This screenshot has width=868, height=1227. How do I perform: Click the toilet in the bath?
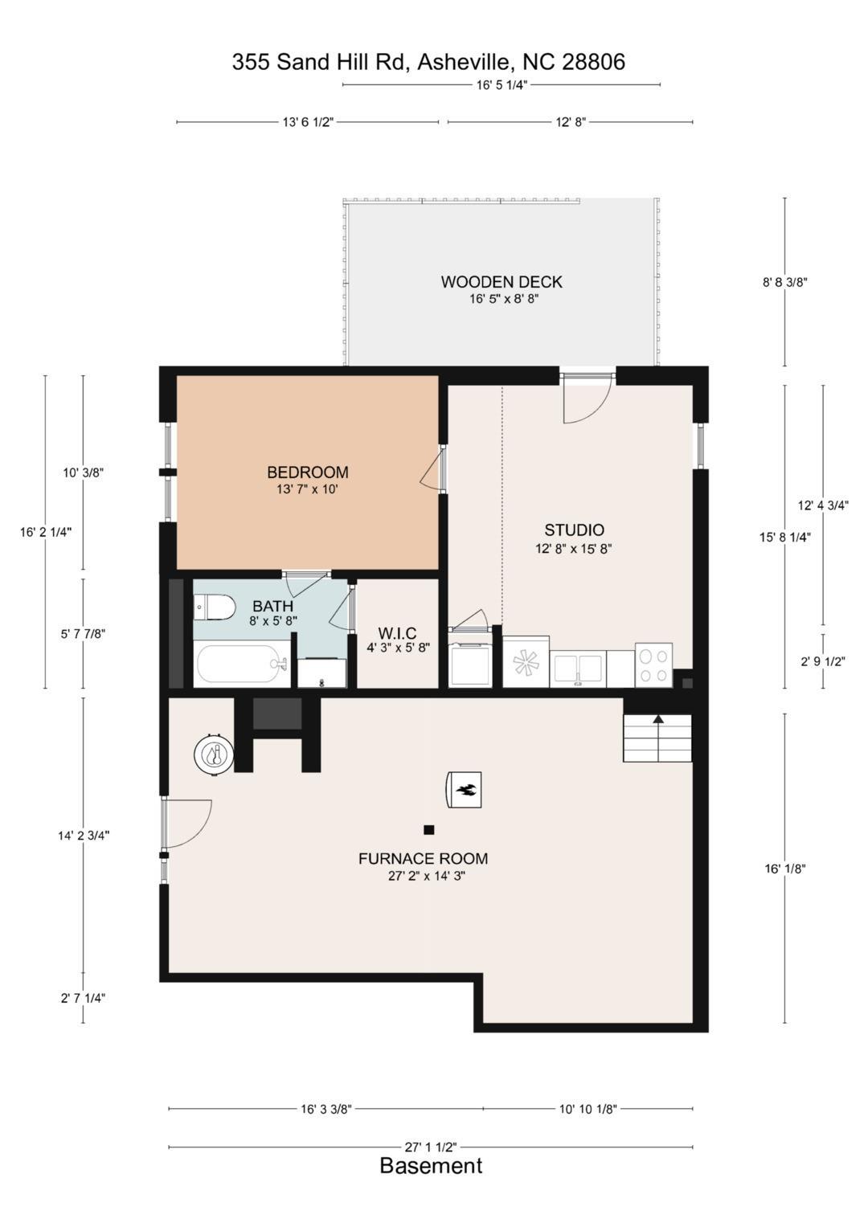[x=214, y=607]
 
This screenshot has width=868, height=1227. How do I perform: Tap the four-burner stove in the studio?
[x=653, y=665]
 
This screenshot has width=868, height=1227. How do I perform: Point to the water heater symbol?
[x=214, y=755]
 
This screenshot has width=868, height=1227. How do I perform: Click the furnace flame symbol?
[x=465, y=789]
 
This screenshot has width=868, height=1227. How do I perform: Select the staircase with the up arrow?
[x=657, y=737]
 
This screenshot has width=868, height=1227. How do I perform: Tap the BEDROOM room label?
[x=307, y=472]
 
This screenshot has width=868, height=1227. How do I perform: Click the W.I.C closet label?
[x=397, y=633]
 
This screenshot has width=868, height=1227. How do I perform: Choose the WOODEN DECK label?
[x=502, y=282]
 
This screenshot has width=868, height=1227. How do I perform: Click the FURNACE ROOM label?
[x=423, y=858]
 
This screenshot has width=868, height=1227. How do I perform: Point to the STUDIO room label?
[x=574, y=530]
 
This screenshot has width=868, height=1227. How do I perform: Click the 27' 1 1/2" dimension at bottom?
[x=431, y=1147]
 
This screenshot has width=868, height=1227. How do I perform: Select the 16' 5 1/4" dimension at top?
[x=502, y=84]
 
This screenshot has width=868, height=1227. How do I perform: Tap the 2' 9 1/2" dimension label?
[x=822, y=662]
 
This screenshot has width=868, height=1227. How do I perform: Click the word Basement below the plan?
[x=431, y=1166]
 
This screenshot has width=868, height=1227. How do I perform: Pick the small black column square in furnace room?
[x=429, y=829]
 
